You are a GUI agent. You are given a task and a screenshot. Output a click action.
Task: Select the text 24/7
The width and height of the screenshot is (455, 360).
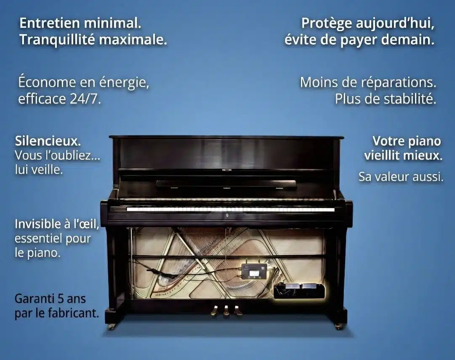[85, 99]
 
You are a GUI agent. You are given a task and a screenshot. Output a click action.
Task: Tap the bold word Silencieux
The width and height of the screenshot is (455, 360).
[48, 141]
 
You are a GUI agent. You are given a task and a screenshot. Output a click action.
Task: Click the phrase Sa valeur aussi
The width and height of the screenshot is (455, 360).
[401, 176]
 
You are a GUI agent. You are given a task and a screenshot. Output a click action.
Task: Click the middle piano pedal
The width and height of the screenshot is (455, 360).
[226, 310]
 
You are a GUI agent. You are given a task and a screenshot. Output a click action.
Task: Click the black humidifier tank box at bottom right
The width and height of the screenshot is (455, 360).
[298, 291]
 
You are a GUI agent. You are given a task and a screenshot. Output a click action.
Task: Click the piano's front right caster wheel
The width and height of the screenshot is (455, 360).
[338, 326]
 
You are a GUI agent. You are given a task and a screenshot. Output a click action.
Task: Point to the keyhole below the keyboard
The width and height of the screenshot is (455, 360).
[227, 216]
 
